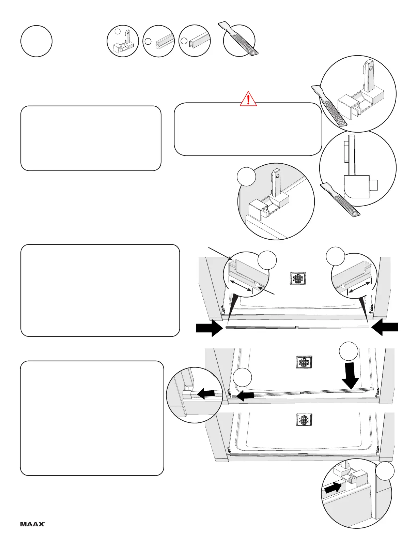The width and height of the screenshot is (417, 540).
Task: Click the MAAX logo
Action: pos(32,524)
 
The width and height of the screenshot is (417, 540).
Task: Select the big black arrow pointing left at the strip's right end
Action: pos(385,328)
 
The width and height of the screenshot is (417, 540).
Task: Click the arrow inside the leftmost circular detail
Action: pos(206,394)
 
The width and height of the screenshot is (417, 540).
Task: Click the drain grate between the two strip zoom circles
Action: pos(298,278)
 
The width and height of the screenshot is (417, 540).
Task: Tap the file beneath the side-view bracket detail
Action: pos(341,200)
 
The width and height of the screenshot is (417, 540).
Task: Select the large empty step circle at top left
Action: pos(36,41)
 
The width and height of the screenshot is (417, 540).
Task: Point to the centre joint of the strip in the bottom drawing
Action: pos(303,454)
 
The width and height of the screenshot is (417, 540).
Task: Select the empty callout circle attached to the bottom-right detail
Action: pos(385,472)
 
